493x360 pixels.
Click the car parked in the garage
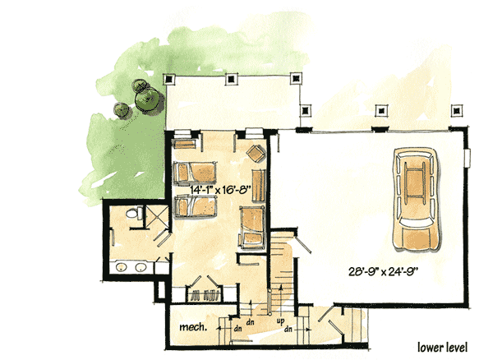pos(418,198)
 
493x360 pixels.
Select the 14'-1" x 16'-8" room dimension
pos(219,188)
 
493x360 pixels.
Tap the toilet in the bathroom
pos(131,215)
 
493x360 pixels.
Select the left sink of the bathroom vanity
pos(121,268)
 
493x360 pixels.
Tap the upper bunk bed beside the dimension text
pos(197,172)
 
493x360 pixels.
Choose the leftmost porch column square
pos(170,79)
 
